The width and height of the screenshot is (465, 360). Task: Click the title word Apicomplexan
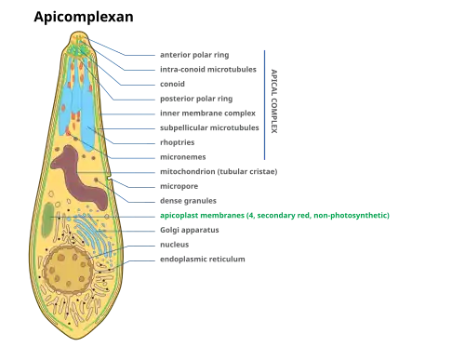(x=84, y=17)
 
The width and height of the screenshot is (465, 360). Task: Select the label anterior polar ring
(x=194, y=55)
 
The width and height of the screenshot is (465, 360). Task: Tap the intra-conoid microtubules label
(x=208, y=69)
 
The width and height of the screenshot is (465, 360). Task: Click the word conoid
(x=172, y=84)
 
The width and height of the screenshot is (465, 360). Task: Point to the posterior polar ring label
(x=196, y=99)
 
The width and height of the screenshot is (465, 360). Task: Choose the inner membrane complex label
(x=207, y=113)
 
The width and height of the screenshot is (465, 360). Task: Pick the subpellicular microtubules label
(x=209, y=127)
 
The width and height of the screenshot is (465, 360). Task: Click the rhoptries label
(x=178, y=142)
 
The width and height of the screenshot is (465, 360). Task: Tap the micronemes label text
(x=183, y=157)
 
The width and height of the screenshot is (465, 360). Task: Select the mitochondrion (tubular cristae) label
(x=219, y=171)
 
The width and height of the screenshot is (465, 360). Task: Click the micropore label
(x=179, y=186)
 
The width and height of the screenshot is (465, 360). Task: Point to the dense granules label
(x=188, y=201)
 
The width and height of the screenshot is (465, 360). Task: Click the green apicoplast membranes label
(x=274, y=216)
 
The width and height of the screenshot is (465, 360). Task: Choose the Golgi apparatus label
(x=190, y=230)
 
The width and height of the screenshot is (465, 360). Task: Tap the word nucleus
(x=174, y=245)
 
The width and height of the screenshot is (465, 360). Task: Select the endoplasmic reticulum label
(x=203, y=260)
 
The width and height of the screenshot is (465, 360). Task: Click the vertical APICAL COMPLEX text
(x=274, y=101)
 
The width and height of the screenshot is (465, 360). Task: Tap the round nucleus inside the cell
(x=68, y=269)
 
